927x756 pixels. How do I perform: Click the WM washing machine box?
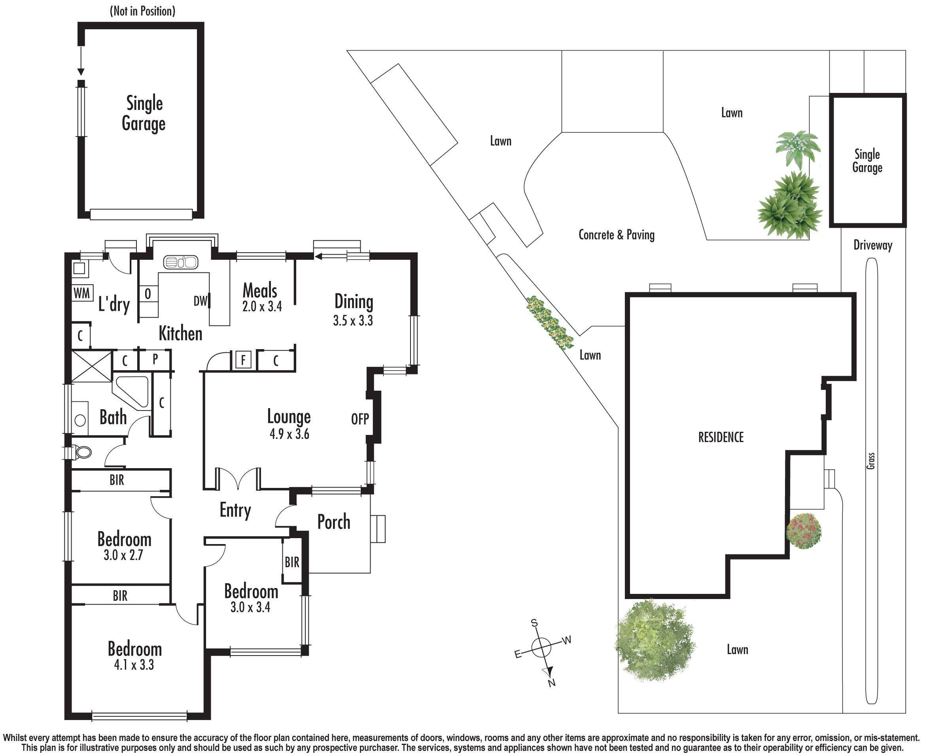pyautogui.click(x=82, y=293)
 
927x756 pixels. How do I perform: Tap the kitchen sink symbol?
pyautogui.click(x=181, y=262)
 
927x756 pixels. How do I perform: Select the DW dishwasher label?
pyautogui.click(x=201, y=301)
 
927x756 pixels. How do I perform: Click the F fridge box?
pyautogui.click(x=244, y=360)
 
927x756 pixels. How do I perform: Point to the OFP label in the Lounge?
pyautogui.click(x=360, y=419)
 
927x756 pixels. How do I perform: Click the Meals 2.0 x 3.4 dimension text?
pyautogui.click(x=262, y=306)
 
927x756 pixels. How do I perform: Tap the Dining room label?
pyautogui.click(x=354, y=302)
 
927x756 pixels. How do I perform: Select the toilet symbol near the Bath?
pyautogui.click(x=81, y=452)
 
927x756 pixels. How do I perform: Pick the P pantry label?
pyautogui.click(x=155, y=360)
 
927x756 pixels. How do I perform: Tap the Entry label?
pyautogui.click(x=235, y=510)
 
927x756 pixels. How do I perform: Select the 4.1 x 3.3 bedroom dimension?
pyautogui.click(x=134, y=665)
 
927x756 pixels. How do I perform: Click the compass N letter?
pyautogui.click(x=552, y=683)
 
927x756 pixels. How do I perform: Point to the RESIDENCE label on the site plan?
pyautogui.click(x=721, y=437)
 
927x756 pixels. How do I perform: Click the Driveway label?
pyautogui.click(x=873, y=245)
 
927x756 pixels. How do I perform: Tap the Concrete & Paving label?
pyautogui.click(x=617, y=235)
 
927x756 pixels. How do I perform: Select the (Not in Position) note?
pyautogui.click(x=143, y=11)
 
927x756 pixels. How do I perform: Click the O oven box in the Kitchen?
pyautogui.click(x=148, y=294)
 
